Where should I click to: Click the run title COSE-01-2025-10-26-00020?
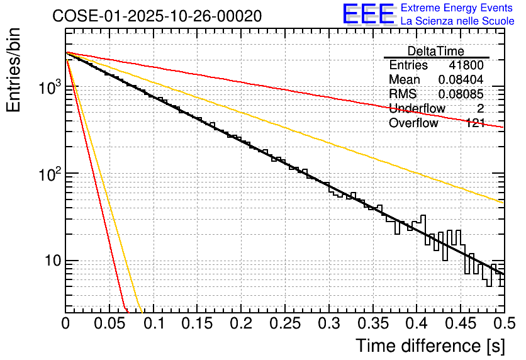tap(157, 16)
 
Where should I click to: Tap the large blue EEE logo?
tap(368, 14)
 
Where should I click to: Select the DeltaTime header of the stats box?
tap(436, 51)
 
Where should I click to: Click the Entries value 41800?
tap(466, 65)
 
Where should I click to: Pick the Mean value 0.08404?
tap(461, 80)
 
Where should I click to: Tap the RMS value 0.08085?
tap(461, 94)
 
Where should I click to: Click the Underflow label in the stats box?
tap(417, 108)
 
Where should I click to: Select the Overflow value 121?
tap(474, 123)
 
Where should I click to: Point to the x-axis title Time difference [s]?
tap(430, 346)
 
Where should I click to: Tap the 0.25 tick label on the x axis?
tap(285, 323)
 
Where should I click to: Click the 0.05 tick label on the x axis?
tap(109, 323)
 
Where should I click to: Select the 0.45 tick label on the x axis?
tap(461, 323)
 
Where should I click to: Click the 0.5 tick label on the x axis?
tap(503, 323)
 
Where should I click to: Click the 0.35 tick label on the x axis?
tap(372, 323)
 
